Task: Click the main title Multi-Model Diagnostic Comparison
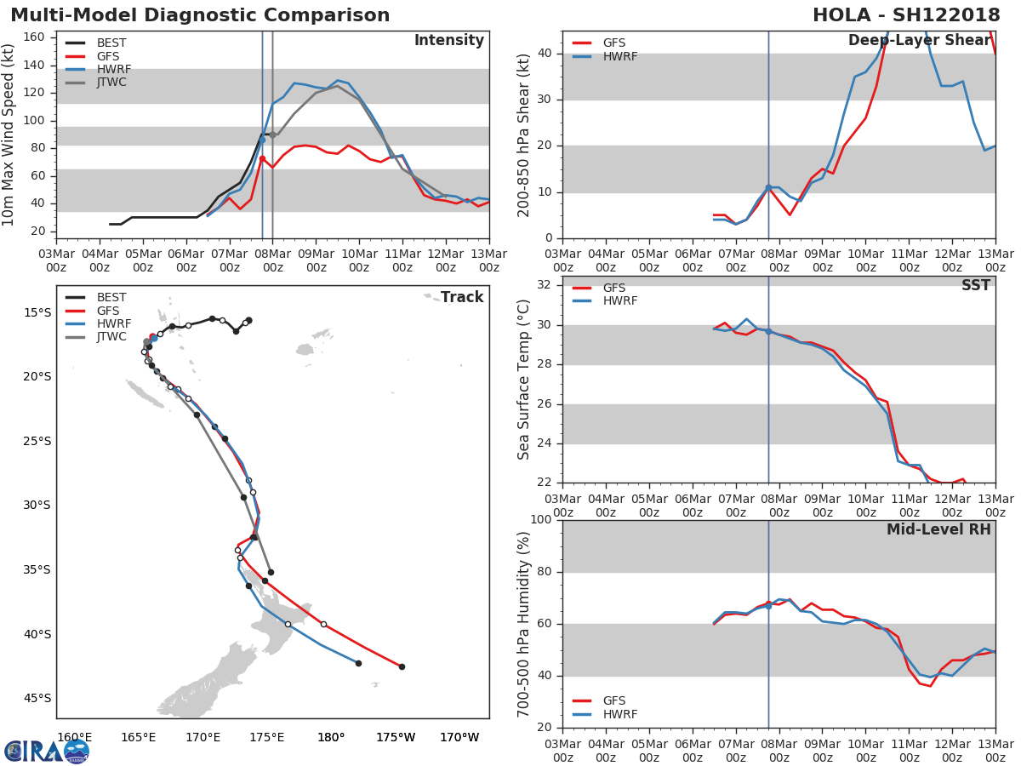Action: [200, 15]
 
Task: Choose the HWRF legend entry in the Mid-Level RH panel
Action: [619, 714]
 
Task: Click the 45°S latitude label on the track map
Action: [36, 698]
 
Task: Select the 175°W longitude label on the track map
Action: [396, 737]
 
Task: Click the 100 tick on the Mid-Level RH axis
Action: [541, 519]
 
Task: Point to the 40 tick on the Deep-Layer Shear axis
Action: [545, 53]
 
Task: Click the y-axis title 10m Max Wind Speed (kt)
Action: [9, 135]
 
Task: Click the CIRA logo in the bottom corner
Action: [46, 751]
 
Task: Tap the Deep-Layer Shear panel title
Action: [919, 41]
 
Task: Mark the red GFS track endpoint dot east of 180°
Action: [402, 666]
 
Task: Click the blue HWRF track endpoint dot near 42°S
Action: [358, 663]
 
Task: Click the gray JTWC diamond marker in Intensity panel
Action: [272, 134]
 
